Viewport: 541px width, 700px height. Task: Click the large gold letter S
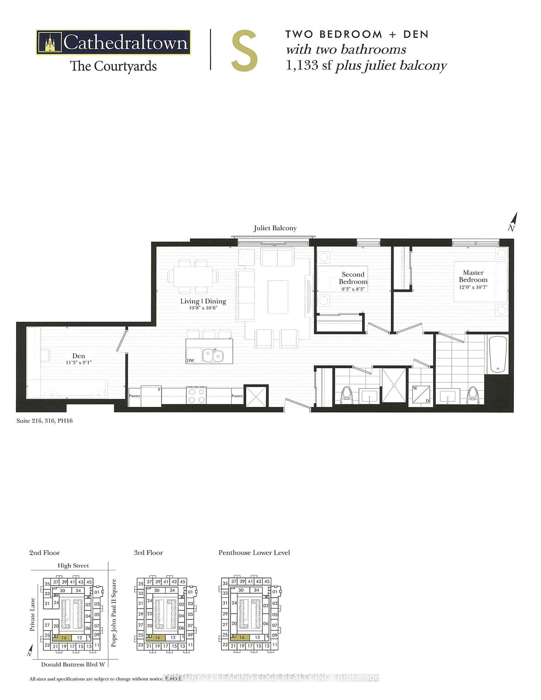(x=244, y=51)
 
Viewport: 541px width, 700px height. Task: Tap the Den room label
(x=78, y=356)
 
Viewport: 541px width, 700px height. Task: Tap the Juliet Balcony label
(x=275, y=228)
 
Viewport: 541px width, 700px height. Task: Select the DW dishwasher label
(x=190, y=360)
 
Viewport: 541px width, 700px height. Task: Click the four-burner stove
(x=196, y=395)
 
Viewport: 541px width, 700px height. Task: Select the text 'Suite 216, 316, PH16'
(x=45, y=421)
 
